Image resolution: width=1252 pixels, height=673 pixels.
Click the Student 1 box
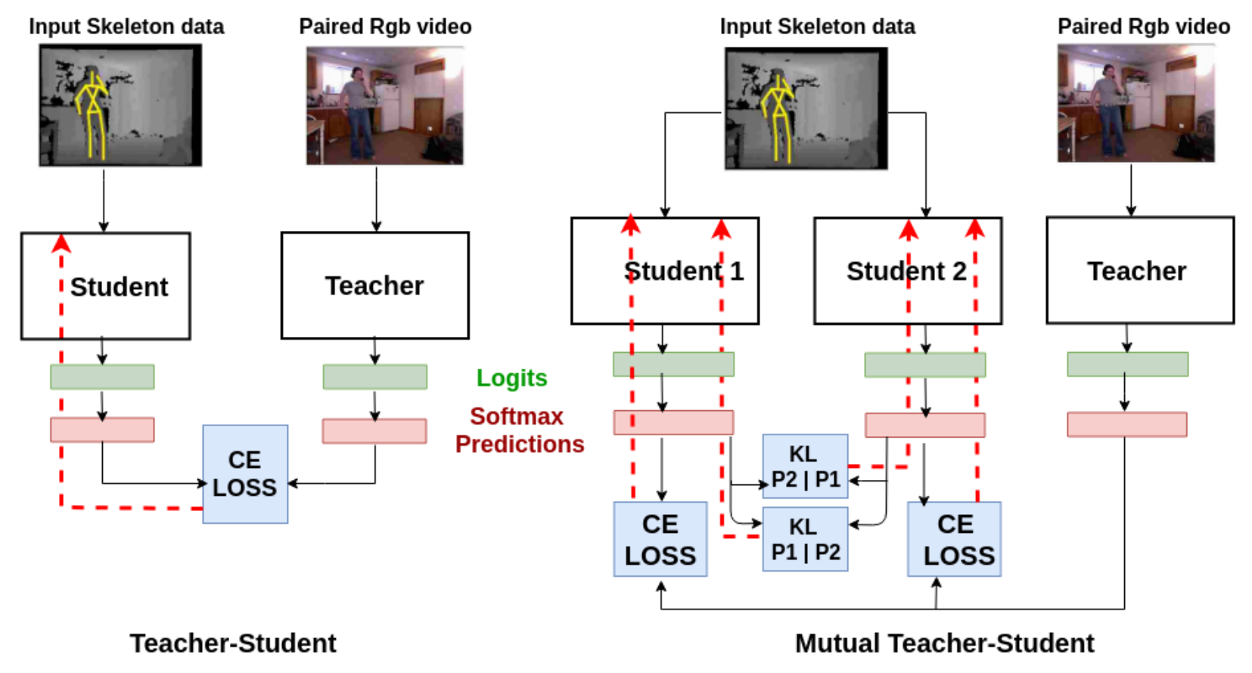point(664,271)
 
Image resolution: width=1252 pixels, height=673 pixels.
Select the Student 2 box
point(907,271)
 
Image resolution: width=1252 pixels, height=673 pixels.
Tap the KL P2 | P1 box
point(805,466)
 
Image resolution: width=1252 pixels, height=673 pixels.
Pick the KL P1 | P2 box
point(805,539)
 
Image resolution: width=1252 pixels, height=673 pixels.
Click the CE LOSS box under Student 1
point(660,539)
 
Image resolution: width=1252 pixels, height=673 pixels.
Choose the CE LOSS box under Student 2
point(955,539)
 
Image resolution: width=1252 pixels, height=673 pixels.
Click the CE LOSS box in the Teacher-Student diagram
point(245,474)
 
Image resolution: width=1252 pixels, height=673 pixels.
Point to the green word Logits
point(511,378)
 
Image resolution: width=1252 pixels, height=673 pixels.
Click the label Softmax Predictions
point(519,430)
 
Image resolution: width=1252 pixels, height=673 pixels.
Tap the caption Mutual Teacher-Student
point(943,643)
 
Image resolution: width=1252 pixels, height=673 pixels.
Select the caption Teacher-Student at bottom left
point(233,643)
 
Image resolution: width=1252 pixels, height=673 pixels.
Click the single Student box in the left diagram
point(106,286)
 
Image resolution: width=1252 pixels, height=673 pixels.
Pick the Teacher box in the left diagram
point(374,285)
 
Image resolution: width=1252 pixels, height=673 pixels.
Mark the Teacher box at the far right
point(1140,271)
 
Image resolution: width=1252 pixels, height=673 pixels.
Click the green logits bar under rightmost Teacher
point(1127,364)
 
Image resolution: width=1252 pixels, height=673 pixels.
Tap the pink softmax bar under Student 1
point(673,422)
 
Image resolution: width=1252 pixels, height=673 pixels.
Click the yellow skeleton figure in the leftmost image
point(93,114)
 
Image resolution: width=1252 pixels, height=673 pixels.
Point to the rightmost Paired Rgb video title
point(1143,26)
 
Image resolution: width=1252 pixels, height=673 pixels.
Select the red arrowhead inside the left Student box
point(61,243)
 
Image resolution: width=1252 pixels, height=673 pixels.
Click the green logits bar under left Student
point(102,377)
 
